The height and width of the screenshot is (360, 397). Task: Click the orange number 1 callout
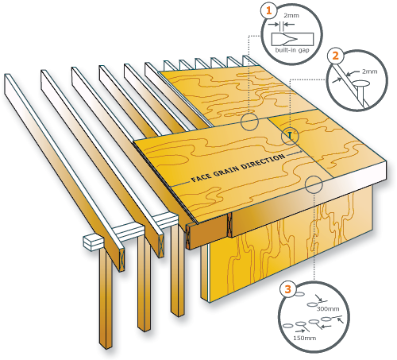click(x=269, y=11)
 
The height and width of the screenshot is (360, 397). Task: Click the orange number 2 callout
click(x=335, y=56)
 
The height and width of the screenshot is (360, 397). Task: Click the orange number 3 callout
click(x=288, y=288)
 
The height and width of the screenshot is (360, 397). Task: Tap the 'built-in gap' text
click(x=292, y=50)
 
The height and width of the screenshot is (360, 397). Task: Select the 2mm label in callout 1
click(x=291, y=16)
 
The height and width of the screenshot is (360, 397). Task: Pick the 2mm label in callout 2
click(x=370, y=72)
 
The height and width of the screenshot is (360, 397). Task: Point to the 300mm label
click(x=328, y=308)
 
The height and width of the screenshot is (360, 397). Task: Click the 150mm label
click(x=305, y=338)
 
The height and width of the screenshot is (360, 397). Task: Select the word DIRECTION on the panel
click(x=263, y=161)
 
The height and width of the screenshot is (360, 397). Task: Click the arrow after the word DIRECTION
click(x=295, y=153)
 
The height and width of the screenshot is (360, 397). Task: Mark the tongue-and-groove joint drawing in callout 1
click(x=292, y=39)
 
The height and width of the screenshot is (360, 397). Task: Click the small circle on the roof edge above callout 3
click(x=314, y=184)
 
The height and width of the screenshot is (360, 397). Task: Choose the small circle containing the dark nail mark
click(x=290, y=137)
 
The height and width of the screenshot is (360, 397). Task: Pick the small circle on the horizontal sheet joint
click(x=249, y=122)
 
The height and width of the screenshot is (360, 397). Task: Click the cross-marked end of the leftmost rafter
click(x=121, y=260)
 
